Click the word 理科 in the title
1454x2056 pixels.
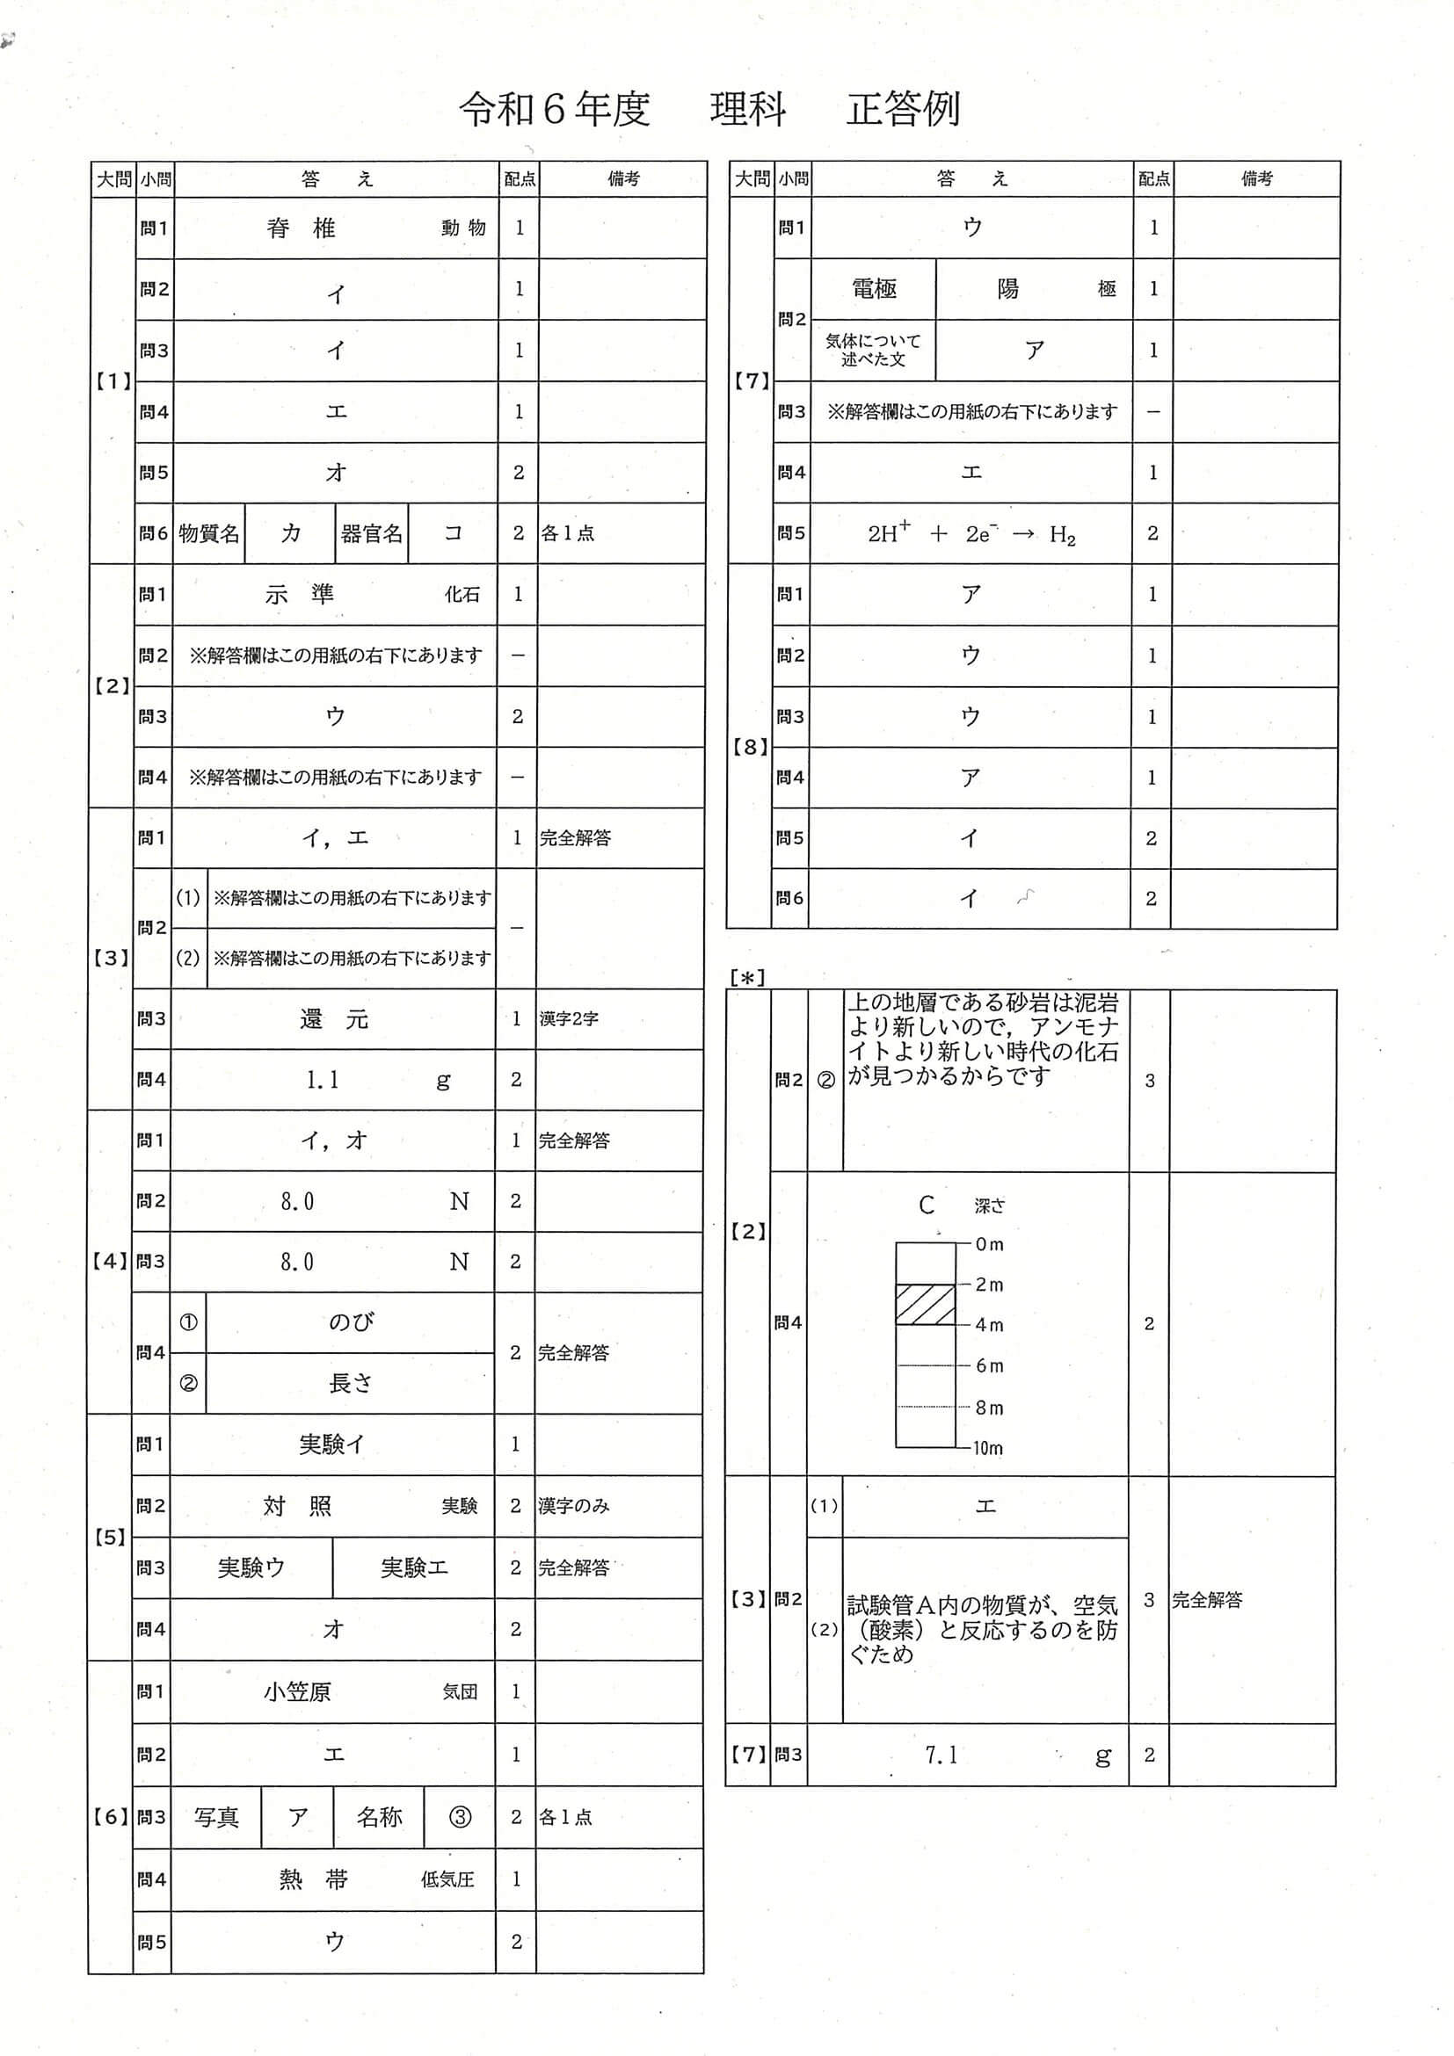[748, 109]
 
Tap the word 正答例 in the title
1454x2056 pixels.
[902, 109]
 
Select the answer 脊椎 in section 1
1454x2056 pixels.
[301, 228]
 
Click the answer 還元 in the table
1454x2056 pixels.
[333, 1019]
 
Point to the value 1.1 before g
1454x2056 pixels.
[323, 1080]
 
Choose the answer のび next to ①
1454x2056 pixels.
[350, 1321]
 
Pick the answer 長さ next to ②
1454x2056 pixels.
[350, 1384]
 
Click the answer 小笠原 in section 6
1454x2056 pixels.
[297, 1691]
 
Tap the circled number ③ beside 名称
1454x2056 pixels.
[460, 1817]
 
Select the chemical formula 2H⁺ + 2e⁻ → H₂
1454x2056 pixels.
[971, 533]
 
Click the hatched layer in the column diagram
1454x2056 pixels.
[926, 1305]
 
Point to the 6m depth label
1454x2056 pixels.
[989, 1365]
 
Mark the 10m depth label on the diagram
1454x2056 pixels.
[987, 1448]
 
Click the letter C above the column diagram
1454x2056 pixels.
[927, 1205]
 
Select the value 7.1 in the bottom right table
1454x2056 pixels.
[941, 1756]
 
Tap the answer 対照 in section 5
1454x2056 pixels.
[297, 1506]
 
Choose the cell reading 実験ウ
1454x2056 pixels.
[251, 1567]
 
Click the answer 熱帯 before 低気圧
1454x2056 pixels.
[313, 1879]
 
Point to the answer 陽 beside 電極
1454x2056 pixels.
[1007, 288]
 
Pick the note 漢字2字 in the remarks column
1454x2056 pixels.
[570, 1019]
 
